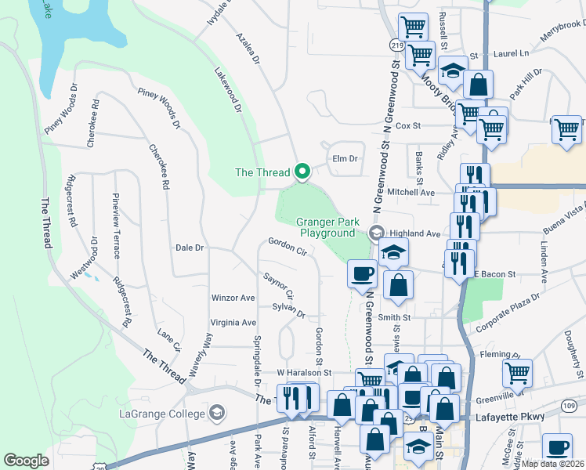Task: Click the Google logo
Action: (x=26, y=461)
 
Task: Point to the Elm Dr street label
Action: (x=345, y=158)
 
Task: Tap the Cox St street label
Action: (x=408, y=125)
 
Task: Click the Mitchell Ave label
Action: (x=411, y=192)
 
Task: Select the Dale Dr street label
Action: (x=190, y=248)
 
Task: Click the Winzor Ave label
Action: (x=233, y=298)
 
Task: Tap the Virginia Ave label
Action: (x=233, y=322)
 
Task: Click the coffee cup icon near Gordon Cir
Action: (x=362, y=273)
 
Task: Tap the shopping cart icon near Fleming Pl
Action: (x=517, y=373)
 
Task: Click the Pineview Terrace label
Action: (x=117, y=226)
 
